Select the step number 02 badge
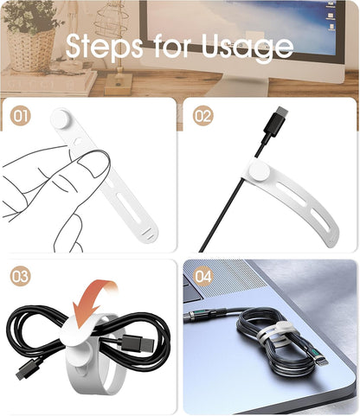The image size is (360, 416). (202, 116)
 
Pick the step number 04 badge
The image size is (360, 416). (202, 278)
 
